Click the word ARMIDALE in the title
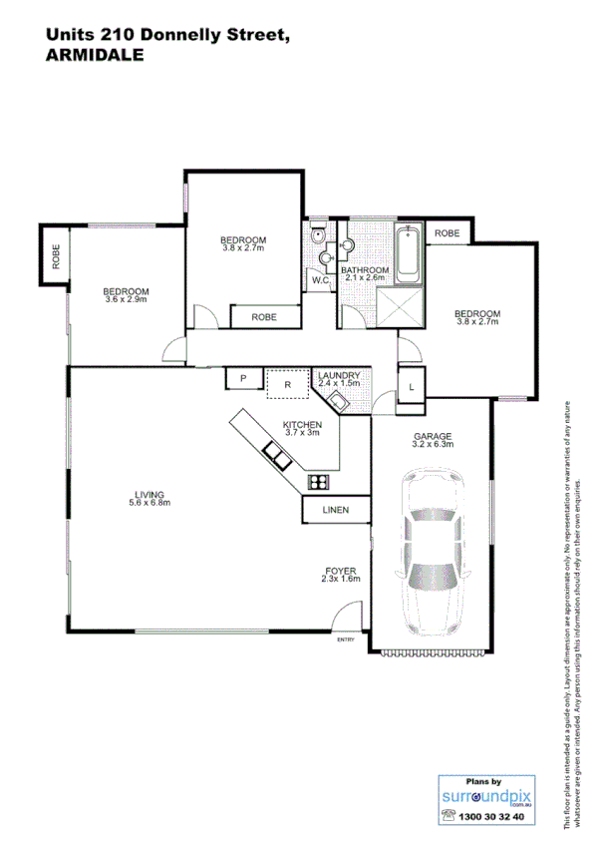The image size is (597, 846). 95,57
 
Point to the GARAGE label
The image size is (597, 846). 433,436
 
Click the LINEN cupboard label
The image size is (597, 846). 335,511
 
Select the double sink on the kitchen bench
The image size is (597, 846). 276,456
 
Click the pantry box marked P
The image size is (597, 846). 242,378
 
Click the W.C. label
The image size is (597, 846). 320,280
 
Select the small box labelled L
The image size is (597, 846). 412,385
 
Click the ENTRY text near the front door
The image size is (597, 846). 346,639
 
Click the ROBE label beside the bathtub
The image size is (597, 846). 448,233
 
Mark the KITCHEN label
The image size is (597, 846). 302,424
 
